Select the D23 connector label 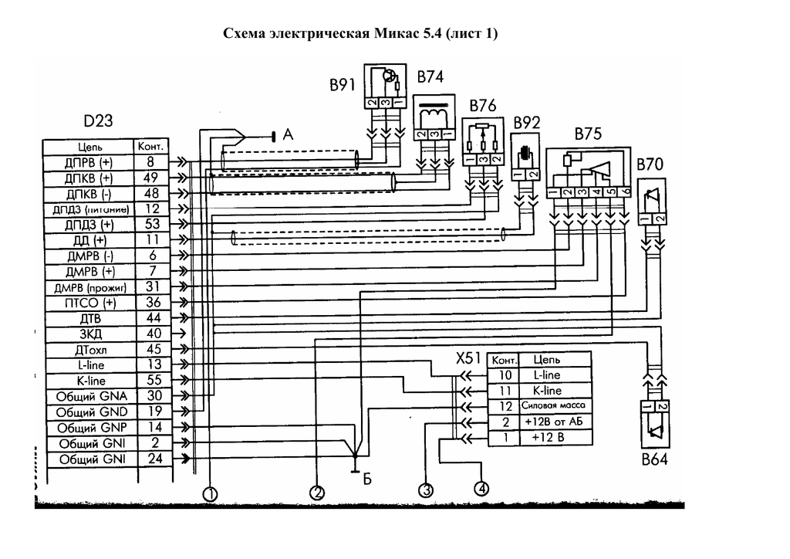pos(98,122)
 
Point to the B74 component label pos(430,77)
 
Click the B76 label pos(481,106)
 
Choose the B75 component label pos(587,134)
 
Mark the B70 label pos(650,165)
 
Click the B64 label pos(653,461)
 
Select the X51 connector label pos(469,359)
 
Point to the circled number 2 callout pos(316,491)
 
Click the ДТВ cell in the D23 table pos(89,318)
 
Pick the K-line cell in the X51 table pos(546,391)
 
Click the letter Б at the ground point pos(367,479)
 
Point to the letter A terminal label pos(289,134)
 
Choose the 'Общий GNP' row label pos(86,428)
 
